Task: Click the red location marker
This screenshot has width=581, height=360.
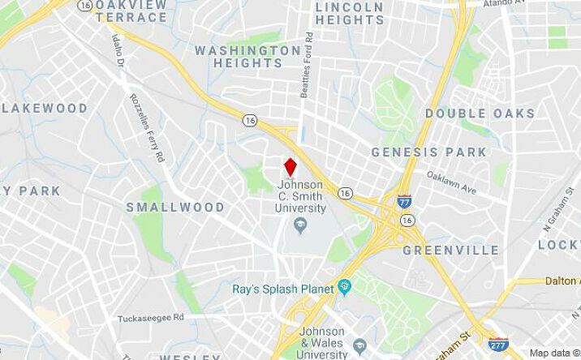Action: [290, 167]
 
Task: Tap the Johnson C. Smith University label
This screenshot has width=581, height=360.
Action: [300, 197]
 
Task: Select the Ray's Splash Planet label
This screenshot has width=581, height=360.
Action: [283, 289]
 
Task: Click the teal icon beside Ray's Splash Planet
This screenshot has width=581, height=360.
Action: [344, 286]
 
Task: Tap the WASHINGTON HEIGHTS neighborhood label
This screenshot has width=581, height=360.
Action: [247, 57]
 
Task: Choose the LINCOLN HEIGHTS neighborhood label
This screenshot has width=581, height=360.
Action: [349, 13]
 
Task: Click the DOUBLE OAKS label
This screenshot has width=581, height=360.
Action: [480, 114]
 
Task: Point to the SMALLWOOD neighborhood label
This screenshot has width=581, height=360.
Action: [175, 208]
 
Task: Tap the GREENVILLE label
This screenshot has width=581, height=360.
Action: [451, 250]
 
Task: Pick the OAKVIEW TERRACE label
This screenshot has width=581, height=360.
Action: [131, 11]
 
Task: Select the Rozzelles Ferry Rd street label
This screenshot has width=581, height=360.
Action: [147, 126]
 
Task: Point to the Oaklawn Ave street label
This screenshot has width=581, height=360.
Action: [451, 182]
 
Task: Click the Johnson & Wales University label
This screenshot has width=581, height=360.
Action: [321, 343]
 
